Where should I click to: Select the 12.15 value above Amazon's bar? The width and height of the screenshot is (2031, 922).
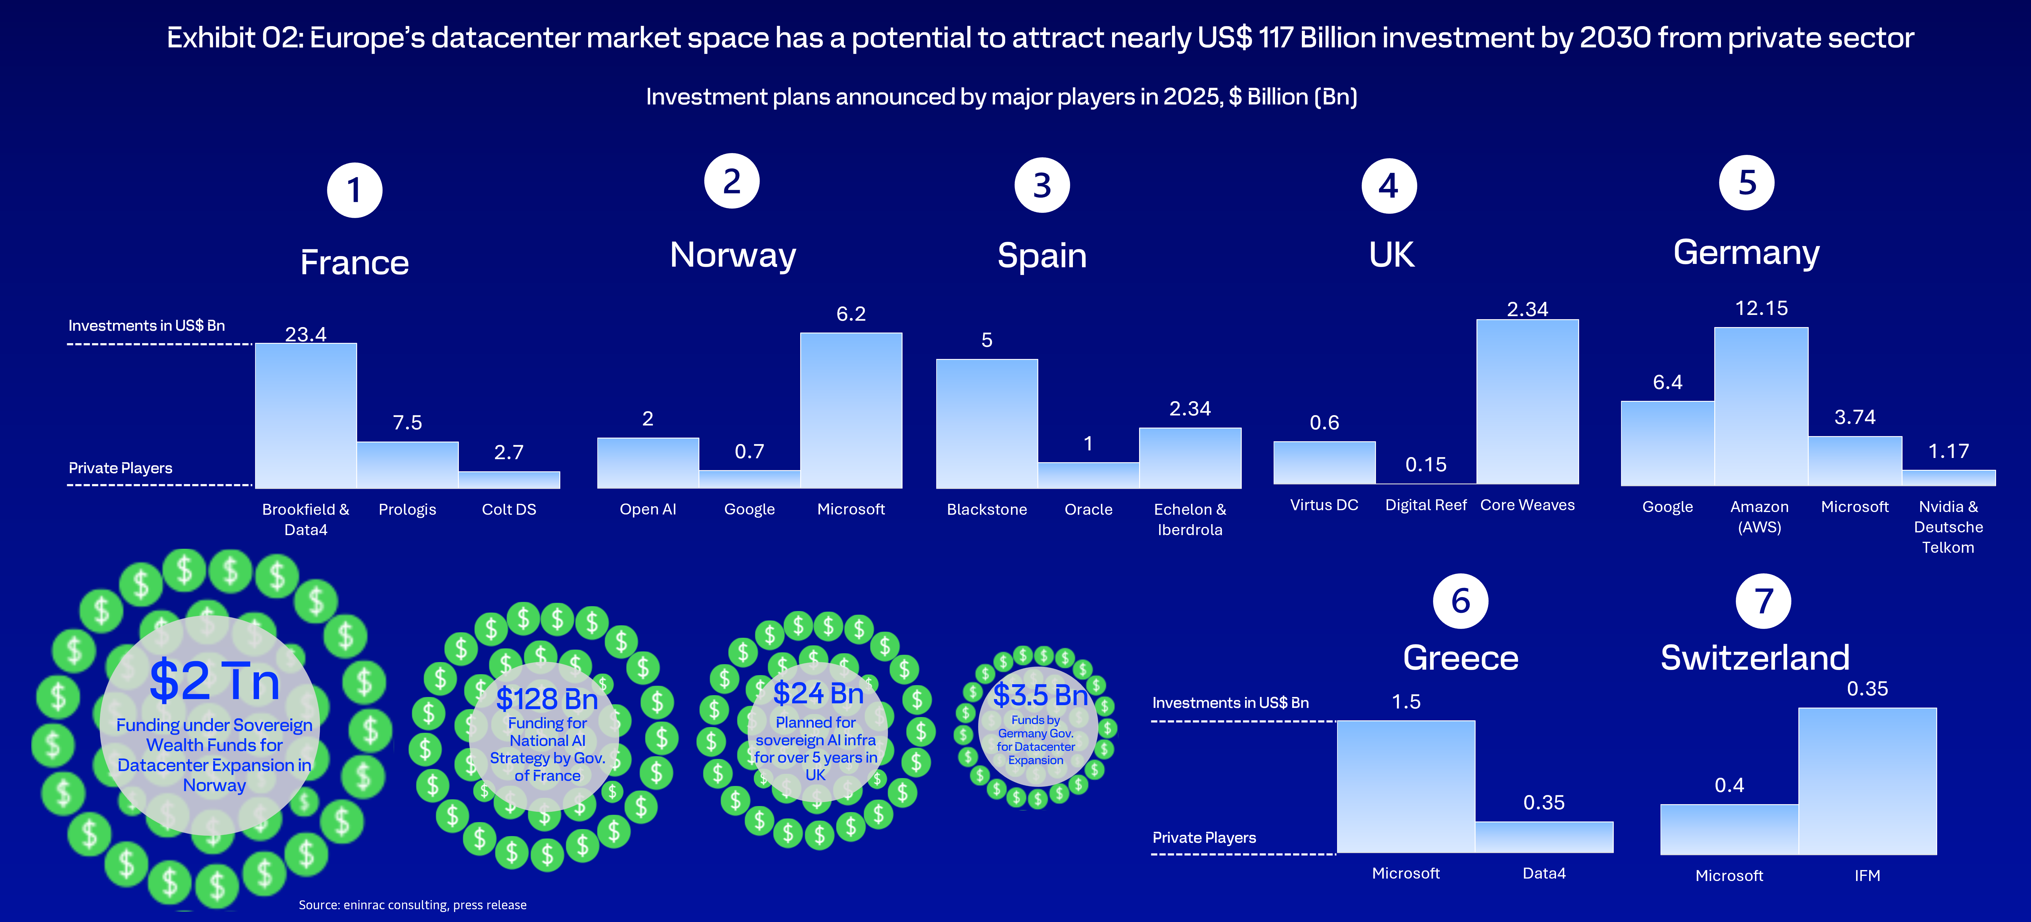[x=1761, y=308]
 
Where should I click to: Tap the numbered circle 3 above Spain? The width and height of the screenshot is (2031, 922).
[x=1042, y=185]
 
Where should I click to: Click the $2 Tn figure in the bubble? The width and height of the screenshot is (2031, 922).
[x=214, y=681]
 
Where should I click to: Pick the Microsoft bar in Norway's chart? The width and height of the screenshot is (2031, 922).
[x=851, y=410]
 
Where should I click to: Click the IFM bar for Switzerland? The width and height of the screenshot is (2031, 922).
[x=1867, y=781]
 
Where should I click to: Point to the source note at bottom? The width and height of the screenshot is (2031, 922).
[x=412, y=905]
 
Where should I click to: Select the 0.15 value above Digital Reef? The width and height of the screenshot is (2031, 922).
[x=1425, y=465]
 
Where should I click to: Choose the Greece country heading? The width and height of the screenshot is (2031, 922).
[x=1460, y=658]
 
